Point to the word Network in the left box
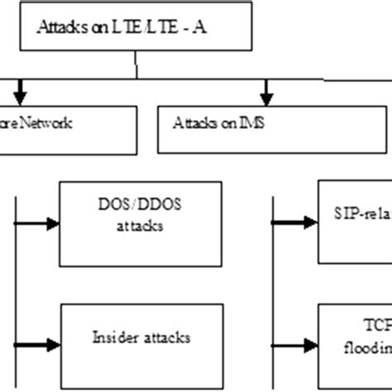[x=49, y=124]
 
